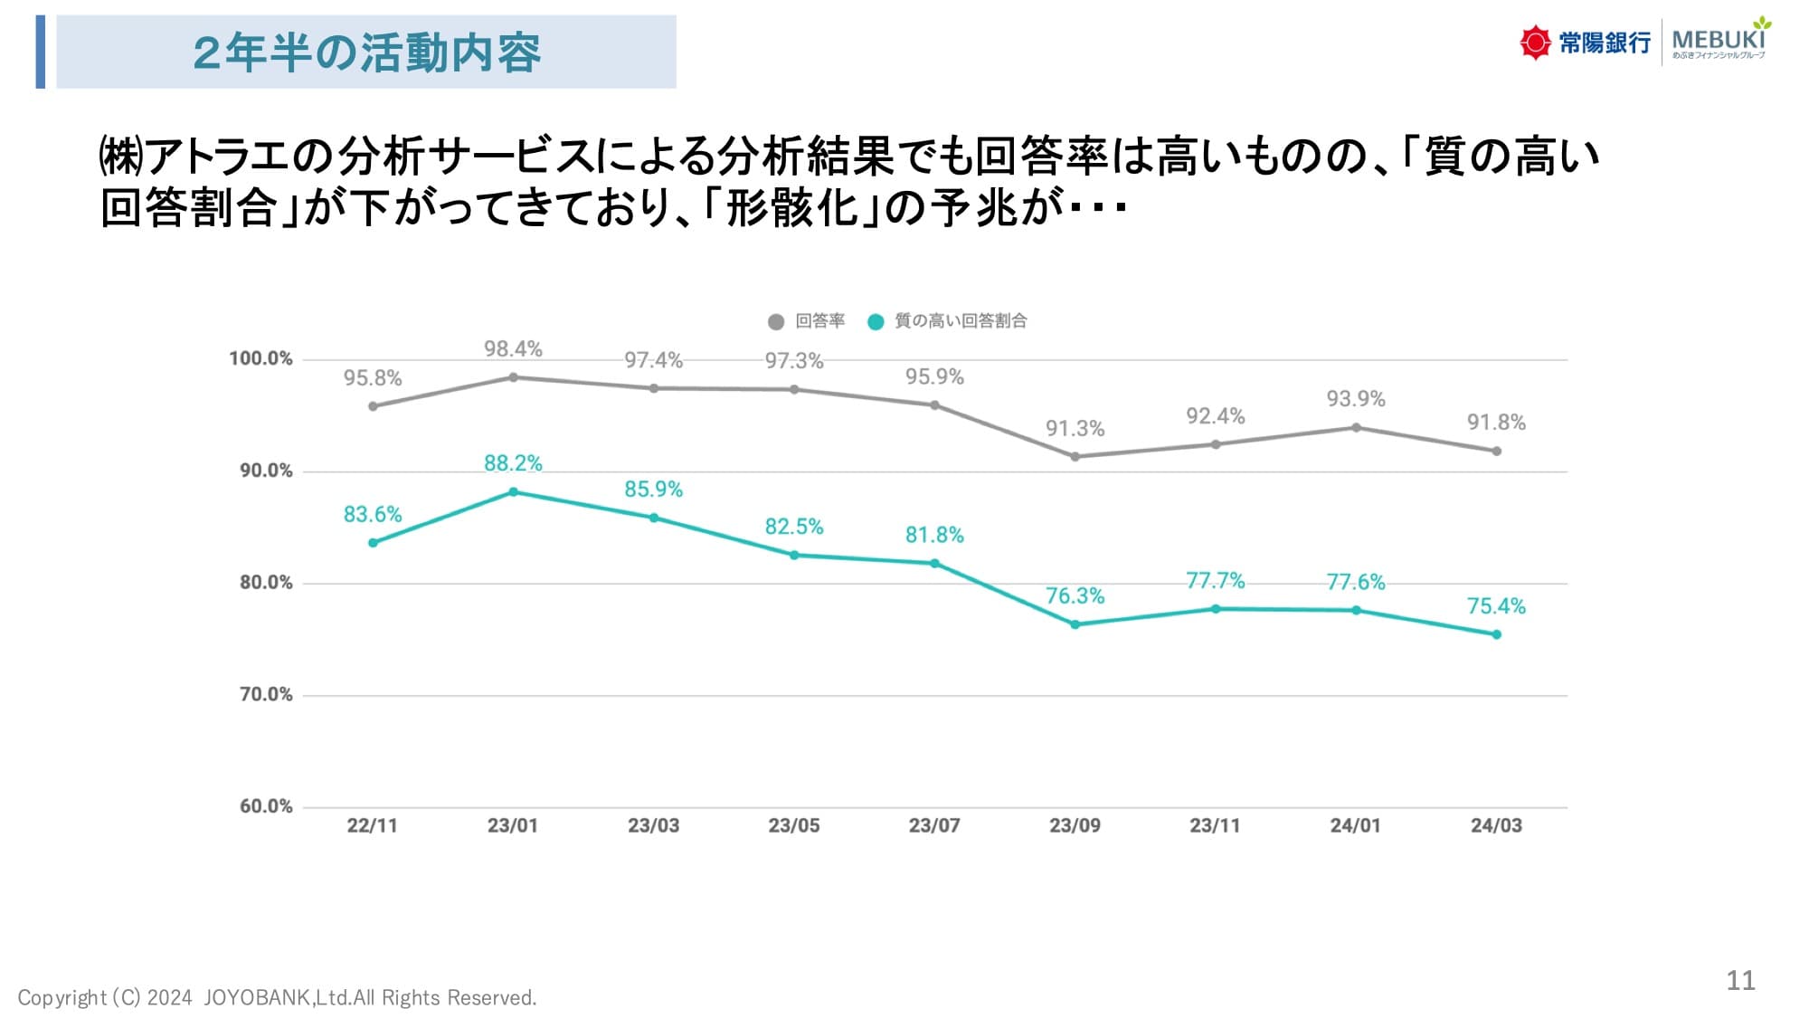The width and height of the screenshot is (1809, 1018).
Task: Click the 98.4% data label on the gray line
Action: pos(513,349)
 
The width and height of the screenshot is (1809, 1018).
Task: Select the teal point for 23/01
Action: pos(514,492)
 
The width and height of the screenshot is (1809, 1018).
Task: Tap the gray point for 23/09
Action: pos(1075,457)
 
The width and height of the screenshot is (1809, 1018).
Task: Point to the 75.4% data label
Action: pos(1496,606)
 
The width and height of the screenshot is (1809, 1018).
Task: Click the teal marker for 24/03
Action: pos(1496,634)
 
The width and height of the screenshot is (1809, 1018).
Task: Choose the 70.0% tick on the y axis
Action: pos(266,695)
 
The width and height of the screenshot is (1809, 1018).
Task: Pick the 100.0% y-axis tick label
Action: pos(260,359)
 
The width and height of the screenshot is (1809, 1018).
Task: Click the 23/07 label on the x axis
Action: pos(934,825)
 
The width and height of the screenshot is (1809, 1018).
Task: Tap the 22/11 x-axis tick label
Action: pos(372,825)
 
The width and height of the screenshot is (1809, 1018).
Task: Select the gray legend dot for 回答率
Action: pos(775,321)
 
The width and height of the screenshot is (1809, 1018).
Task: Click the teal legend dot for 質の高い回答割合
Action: pos(876,321)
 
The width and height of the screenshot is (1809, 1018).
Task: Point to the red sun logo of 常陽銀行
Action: pos(1534,43)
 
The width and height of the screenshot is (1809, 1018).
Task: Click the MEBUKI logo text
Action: pos(1718,41)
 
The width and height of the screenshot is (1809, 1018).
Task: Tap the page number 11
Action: pos(1740,981)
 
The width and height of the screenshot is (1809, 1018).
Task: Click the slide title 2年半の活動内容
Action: pos(366,52)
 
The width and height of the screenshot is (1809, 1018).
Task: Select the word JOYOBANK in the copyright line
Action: pos(258,998)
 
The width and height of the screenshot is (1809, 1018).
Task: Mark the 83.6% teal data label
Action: pos(372,515)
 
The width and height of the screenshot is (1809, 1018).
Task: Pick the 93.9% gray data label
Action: pos(1355,399)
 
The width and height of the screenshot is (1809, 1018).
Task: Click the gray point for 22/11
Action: pos(373,406)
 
